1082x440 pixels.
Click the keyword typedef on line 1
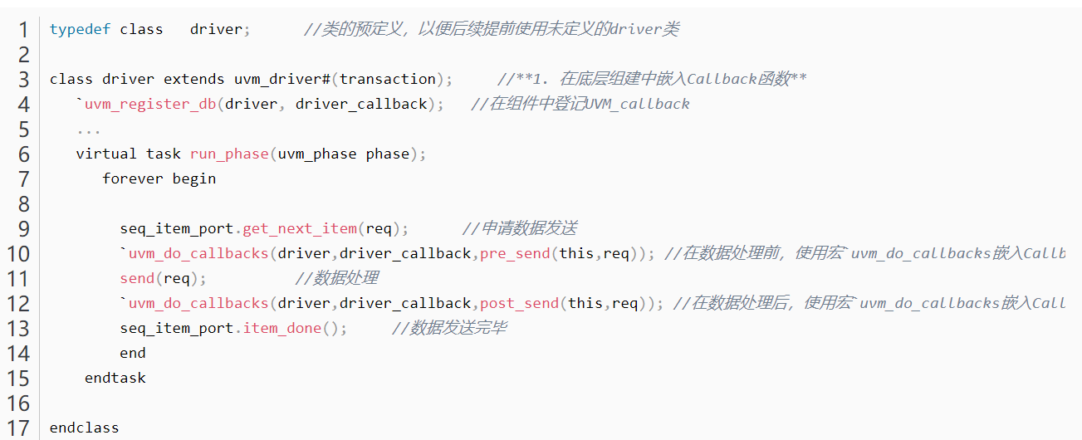click(81, 29)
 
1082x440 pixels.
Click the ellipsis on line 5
click(89, 130)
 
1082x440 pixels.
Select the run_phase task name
click(229, 154)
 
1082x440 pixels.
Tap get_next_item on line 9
click(300, 228)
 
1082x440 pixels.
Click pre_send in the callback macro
click(515, 253)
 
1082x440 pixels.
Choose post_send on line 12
click(519, 303)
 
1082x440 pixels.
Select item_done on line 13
click(282, 328)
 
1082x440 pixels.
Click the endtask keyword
click(115, 378)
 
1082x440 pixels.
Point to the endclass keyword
click(85, 428)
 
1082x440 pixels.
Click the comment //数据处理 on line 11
click(336, 278)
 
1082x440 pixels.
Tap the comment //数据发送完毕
click(448, 328)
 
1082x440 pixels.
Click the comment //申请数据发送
click(519, 228)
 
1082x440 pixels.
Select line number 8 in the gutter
click(22, 204)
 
